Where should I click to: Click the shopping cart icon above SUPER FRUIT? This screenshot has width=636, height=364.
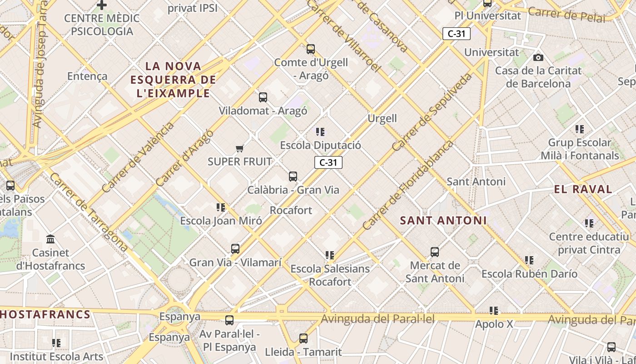coord(240,148)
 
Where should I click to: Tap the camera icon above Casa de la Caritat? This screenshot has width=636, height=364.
coord(538,57)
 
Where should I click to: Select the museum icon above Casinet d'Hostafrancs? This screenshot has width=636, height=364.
coord(50,239)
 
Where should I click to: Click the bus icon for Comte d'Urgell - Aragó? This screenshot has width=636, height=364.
coord(311,49)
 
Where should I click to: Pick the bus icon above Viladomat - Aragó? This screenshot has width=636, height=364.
coord(263,97)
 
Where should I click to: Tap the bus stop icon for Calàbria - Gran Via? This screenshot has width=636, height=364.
coord(293,177)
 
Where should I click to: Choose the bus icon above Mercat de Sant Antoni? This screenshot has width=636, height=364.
coord(435,252)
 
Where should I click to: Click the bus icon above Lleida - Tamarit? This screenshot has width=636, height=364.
coord(303,339)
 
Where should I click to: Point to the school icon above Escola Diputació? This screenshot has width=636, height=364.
coord(320,132)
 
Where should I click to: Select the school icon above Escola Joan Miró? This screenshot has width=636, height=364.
coord(221,207)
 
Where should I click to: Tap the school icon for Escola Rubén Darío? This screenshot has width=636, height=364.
coord(529,260)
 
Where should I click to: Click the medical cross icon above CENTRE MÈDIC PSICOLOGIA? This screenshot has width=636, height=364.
coord(102,5)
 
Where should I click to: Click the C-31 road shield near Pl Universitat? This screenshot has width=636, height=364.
coord(457,33)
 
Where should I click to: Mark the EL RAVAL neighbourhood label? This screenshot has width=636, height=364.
coord(583,189)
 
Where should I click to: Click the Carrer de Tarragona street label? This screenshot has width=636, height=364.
coord(89,212)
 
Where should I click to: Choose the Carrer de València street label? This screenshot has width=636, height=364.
coord(138,157)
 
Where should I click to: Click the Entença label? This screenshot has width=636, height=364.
coord(87,76)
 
